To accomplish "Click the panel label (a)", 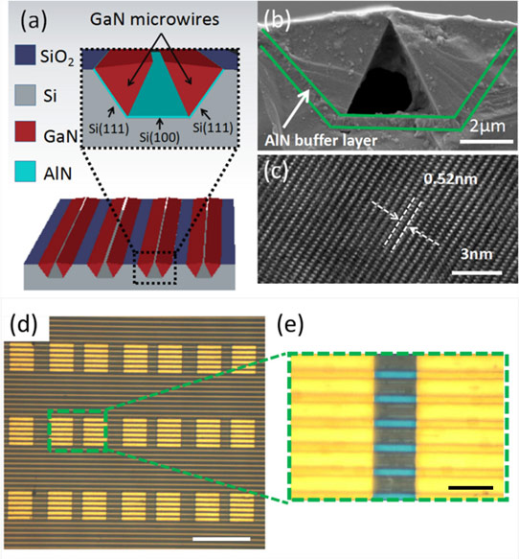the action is pos(34,21).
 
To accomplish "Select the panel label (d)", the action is pos(24,325).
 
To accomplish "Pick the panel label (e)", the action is pos(290,325).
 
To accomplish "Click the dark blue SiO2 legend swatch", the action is pos(25,55).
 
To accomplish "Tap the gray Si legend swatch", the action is pos(25,95).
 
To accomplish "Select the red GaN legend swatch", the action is pos(25,131).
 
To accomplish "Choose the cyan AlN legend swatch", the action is pos(25,172).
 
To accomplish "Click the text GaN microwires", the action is pos(154,19).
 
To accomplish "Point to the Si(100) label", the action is pos(159,137).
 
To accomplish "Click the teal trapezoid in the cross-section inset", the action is pos(159,89).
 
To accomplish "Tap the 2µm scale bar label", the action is pos(487,127).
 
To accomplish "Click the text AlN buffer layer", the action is pos(321,141).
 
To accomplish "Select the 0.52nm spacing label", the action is pos(450,179).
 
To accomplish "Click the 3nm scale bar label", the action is pos(476,254).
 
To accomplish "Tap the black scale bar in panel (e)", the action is pos(470,488).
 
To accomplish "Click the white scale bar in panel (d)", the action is pos(221,539).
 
